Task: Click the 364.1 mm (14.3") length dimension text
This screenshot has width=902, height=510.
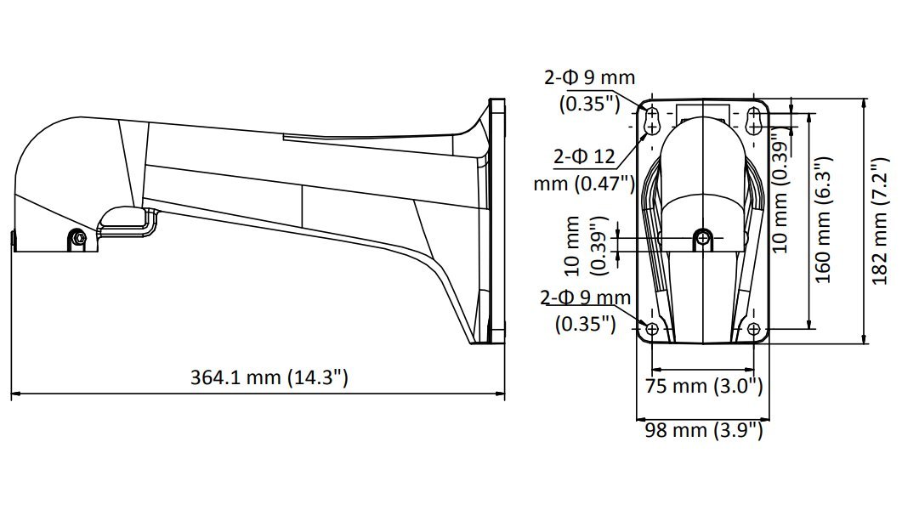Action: (x=269, y=377)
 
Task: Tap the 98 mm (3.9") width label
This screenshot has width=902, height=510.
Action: (x=703, y=430)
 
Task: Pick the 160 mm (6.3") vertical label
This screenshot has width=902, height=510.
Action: (x=822, y=220)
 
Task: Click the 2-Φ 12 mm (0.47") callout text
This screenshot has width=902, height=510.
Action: (x=585, y=169)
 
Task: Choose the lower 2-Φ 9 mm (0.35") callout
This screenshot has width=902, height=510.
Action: (x=586, y=310)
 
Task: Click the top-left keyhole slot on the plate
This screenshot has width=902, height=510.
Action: (x=652, y=120)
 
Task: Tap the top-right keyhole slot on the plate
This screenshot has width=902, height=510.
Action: (x=754, y=120)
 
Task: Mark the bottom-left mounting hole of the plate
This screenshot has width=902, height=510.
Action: (x=653, y=329)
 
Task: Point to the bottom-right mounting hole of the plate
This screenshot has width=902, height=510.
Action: (x=754, y=329)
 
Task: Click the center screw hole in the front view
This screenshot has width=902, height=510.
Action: (x=702, y=238)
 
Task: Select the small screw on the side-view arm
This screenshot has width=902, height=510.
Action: (x=79, y=239)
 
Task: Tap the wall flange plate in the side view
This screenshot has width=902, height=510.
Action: (x=496, y=221)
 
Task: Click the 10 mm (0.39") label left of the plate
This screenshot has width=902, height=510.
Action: (x=587, y=246)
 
